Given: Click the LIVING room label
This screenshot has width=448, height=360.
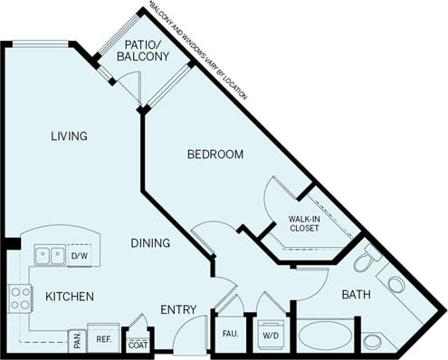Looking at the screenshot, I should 69,137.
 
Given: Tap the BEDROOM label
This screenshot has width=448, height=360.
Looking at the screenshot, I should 215,155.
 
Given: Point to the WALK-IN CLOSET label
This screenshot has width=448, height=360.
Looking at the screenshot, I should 308,224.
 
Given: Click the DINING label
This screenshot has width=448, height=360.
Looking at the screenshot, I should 150,242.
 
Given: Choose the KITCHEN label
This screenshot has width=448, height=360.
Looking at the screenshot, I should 68,296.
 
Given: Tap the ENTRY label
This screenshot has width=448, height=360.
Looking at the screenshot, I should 178,310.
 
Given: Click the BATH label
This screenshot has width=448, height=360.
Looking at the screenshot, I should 356,295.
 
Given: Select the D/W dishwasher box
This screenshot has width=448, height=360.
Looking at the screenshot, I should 79,256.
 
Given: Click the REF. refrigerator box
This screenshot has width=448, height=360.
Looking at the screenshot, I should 104,338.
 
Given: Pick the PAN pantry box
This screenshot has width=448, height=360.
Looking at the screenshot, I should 77,340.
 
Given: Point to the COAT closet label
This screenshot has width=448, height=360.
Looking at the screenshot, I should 138,343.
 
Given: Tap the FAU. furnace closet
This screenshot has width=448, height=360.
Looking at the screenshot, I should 230,334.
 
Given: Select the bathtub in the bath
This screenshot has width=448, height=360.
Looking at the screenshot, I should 325,336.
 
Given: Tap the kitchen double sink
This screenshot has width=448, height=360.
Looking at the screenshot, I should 50,256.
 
